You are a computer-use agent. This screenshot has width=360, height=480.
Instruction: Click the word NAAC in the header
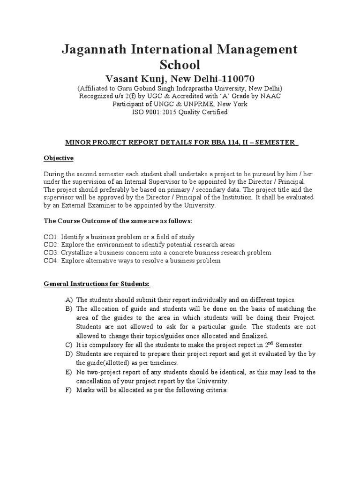pos(260,96)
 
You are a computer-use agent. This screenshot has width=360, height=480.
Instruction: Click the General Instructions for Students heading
pos(97,284)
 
